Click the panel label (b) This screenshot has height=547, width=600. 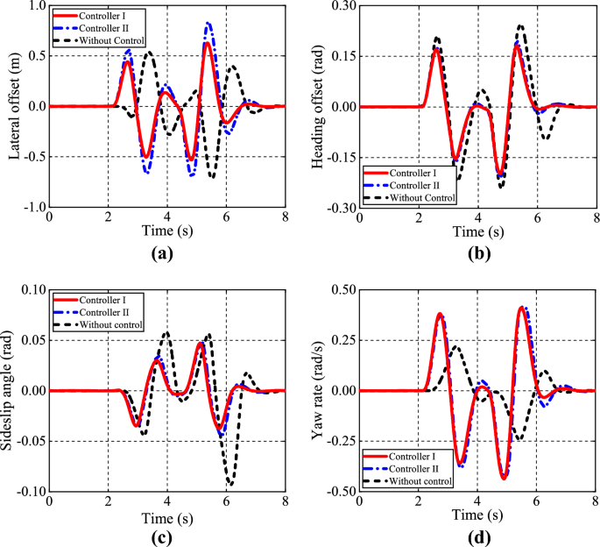click(x=477, y=257)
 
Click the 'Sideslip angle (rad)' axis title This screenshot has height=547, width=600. click(x=13, y=390)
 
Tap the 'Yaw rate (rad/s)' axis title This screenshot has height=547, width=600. click(x=321, y=390)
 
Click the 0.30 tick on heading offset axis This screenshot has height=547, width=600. click(x=342, y=6)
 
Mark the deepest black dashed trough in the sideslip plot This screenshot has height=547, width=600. click(x=230, y=484)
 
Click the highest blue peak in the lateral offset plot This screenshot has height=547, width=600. click(x=208, y=24)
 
